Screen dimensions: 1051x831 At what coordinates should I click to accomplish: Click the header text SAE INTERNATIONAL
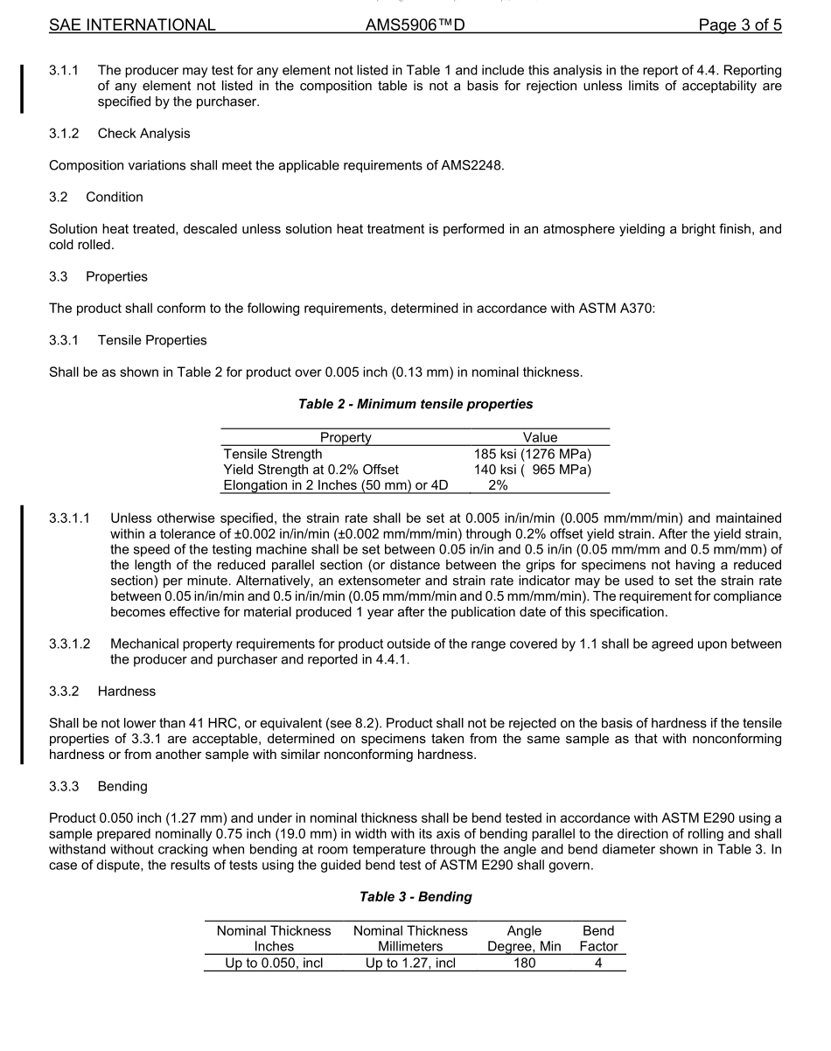point(132,25)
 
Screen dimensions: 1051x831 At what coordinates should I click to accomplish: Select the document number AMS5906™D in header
point(415,25)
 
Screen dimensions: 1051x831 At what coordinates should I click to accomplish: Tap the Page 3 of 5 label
point(740,25)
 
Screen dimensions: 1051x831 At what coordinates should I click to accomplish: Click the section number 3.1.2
point(65,134)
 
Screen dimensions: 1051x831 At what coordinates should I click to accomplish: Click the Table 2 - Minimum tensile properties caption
point(415,404)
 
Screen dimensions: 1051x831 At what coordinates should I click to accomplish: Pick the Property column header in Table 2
point(346,437)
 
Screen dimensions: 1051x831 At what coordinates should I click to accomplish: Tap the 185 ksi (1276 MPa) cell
point(533,454)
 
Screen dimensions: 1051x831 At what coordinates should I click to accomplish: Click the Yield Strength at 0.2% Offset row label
point(318,470)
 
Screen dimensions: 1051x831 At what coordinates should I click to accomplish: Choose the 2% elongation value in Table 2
point(498,485)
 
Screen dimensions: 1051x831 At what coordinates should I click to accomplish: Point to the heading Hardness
point(127,691)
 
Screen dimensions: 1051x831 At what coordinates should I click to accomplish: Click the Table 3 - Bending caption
point(415,897)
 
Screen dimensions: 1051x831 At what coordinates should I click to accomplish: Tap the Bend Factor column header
point(598,938)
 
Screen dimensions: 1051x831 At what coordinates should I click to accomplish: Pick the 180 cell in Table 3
point(524,964)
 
